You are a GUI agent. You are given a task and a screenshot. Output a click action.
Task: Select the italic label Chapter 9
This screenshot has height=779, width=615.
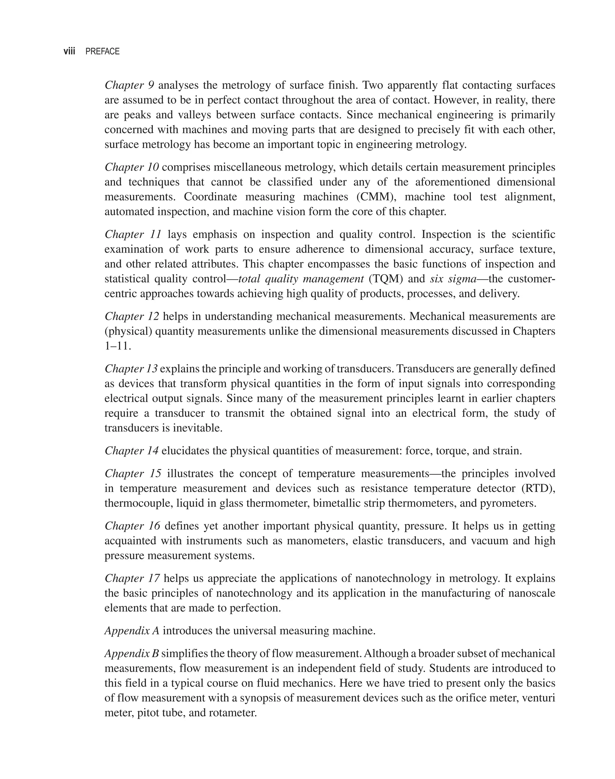(x=129, y=85)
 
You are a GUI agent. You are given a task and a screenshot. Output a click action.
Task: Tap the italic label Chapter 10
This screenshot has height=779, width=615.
(x=132, y=167)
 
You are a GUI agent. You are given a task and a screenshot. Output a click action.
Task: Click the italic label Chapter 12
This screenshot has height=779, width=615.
(x=132, y=317)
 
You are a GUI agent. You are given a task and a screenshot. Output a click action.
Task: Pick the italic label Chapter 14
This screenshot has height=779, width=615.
(x=132, y=451)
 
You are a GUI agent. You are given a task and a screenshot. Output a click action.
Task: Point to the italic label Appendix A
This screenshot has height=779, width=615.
(x=132, y=631)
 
